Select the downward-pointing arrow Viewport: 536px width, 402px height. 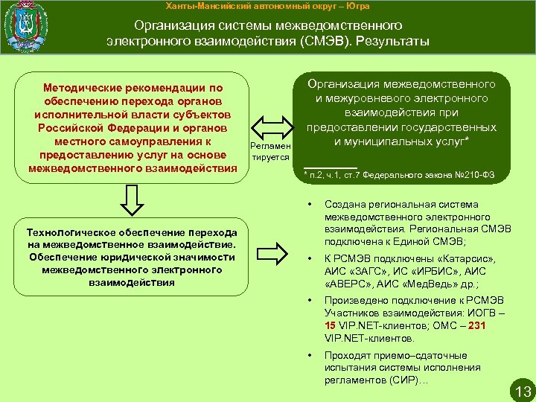[x=132, y=201]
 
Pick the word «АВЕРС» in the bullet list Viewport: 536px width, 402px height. [x=349, y=284]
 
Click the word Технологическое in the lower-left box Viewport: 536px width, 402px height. [x=71, y=232]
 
